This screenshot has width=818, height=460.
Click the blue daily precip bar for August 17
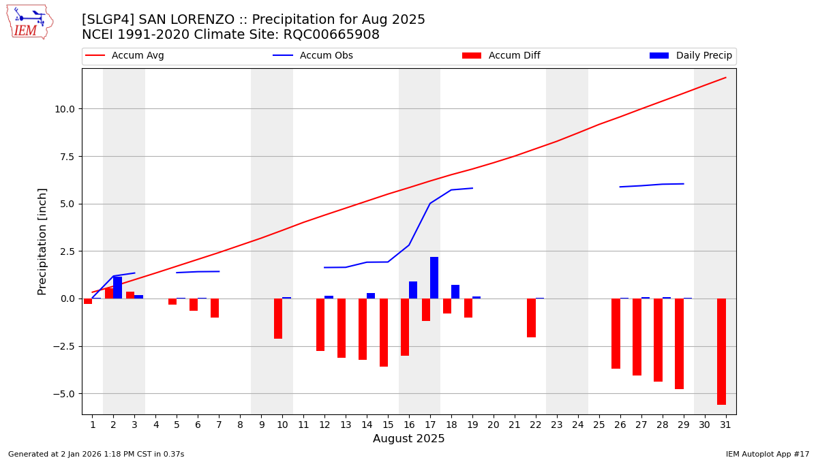(x=434, y=278)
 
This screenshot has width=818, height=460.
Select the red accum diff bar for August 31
(x=721, y=352)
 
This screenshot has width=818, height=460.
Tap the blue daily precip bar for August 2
(x=117, y=288)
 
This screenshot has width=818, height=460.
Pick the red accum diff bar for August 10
(x=278, y=318)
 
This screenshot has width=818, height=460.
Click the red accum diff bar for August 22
(x=531, y=318)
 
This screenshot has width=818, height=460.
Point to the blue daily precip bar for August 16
(x=413, y=290)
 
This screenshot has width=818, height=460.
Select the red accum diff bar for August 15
(x=384, y=333)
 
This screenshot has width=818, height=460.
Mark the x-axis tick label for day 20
(x=494, y=425)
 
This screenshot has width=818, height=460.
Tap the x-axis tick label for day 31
(x=725, y=425)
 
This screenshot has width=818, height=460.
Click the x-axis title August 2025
(x=408, y=440)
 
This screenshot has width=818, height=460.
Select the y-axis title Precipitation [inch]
(x=42, y=241)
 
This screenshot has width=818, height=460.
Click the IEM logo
(x=29, y=22)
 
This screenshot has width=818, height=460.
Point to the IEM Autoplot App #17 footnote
(x=767, y=454)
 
